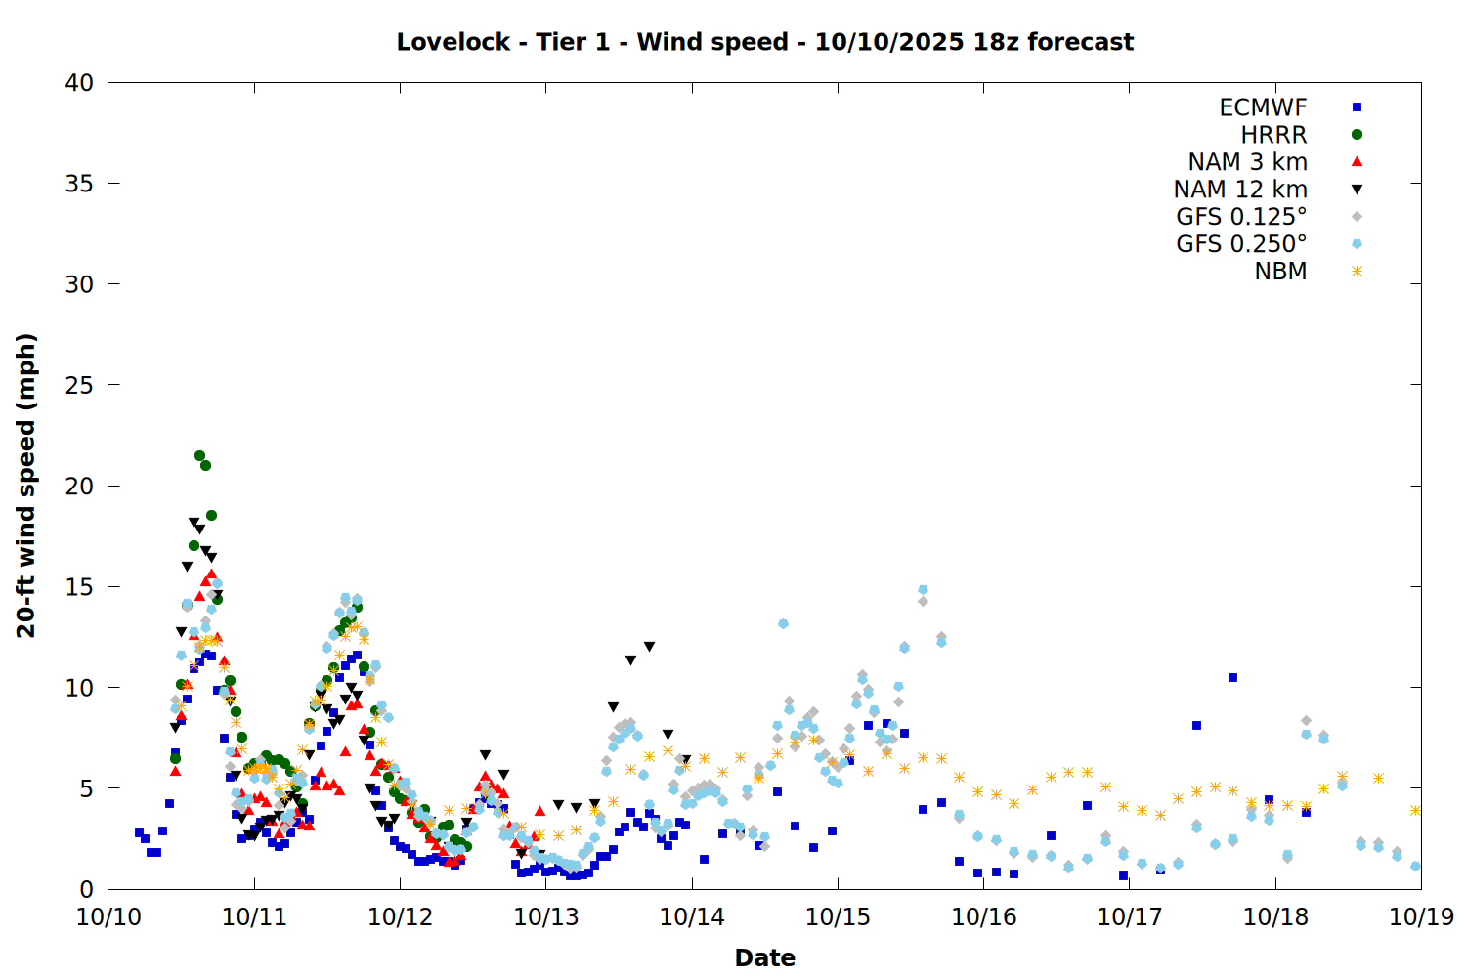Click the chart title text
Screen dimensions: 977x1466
pyautogui.click(x=764, y=42)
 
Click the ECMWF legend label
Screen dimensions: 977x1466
pyautogui.click(x=1263, y=107)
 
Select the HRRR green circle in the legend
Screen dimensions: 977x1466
pyautogui.click(x=1357, y=135)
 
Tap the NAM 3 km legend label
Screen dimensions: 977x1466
pyautogui.click(x=1247, y=162)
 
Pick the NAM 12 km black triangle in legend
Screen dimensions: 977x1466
pyautogui.click(x=1357, y=190)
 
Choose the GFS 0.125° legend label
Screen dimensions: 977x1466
pyautogui.click(x=1241, y=217)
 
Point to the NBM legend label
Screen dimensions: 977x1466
pyautogui.click(x=1280, y=272)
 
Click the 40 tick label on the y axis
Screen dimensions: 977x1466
pyautogui.click(x=79, y=83)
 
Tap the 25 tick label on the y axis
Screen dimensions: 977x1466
pyautogui.click(x=79, y=385)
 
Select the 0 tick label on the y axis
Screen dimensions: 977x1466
pyautogui.click(x=86, y=889)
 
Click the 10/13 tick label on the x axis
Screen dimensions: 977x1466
pyautogui.click(x=546, y=917)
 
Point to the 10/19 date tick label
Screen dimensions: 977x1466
pyautogui.click(x=1421, y=917)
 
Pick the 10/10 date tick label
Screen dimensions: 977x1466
pyautogui.click(x=108, y=917)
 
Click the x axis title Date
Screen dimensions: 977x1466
pyautogui.click(x=764, y=957)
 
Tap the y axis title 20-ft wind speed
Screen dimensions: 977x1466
pyautogui.click(x=26, y=486)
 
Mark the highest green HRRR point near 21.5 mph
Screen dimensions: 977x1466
pyautogui.click(x=199, y=455)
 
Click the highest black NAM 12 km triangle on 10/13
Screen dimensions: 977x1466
pyautogui.click(x=649, y=647)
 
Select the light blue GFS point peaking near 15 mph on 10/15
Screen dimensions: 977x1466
pyautogui.click(x=923, y=590)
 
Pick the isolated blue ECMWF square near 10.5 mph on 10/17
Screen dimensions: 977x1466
pyautogui.click(x=1232, y=677)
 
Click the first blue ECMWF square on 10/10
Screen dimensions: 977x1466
pyautogui.click(x=139, y=832)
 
